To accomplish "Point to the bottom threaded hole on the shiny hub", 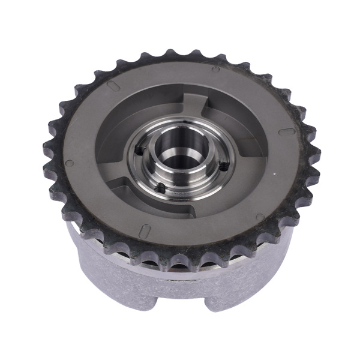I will pos(161,188).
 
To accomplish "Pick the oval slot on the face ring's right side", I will pos(287,131).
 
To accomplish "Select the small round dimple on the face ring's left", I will pos(70,163).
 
